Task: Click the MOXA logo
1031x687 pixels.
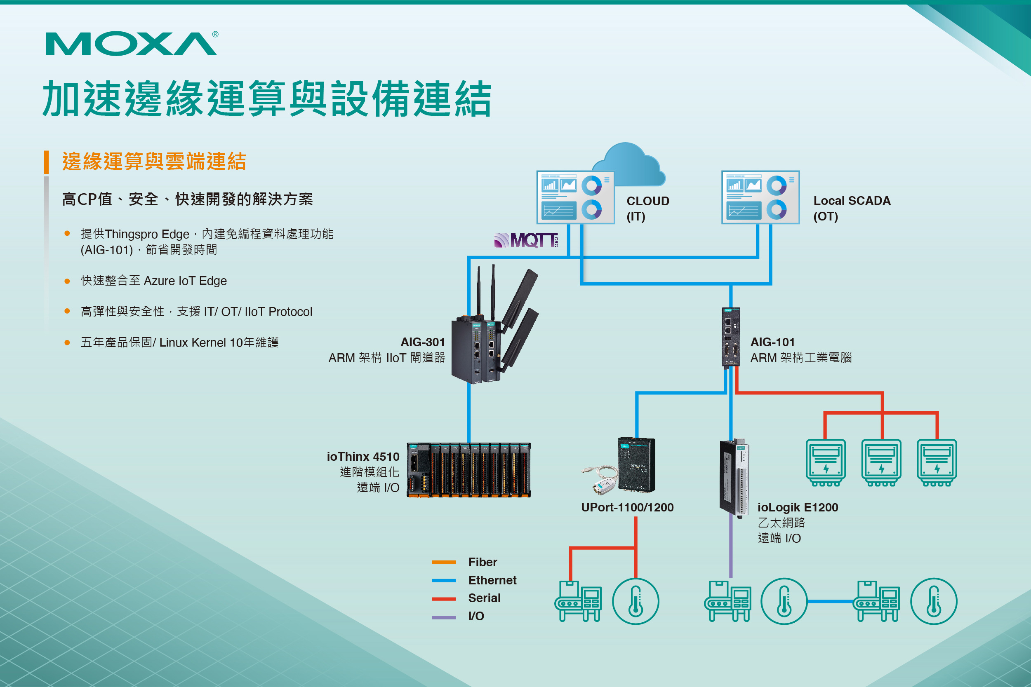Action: tap(131, 43)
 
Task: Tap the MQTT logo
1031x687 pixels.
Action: tap(526, 240)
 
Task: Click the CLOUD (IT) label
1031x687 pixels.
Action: tap(647, 208)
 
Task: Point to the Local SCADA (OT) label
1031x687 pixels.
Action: tap(851, 208)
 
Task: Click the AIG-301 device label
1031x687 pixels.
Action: tap(422, 342)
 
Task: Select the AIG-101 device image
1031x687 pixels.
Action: tap(730, 336)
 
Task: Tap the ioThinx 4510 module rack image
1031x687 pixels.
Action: tap(468, 470)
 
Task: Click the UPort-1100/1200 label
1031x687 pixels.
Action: tap(627, 507)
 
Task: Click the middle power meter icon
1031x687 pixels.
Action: tap(881, 463)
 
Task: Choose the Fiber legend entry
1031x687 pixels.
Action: tap(482, 562)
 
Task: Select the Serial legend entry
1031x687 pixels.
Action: tap(484, 598)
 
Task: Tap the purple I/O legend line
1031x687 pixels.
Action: tap(444, 617)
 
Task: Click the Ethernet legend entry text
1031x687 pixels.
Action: tap(492, 580)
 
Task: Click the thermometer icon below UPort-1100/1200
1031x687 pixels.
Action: tap(635, 601)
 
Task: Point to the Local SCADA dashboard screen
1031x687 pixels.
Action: tap(760, 197)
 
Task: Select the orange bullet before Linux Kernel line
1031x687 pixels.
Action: tap(67, 342)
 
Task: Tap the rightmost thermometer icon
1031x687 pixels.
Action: tap(933, 601)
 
